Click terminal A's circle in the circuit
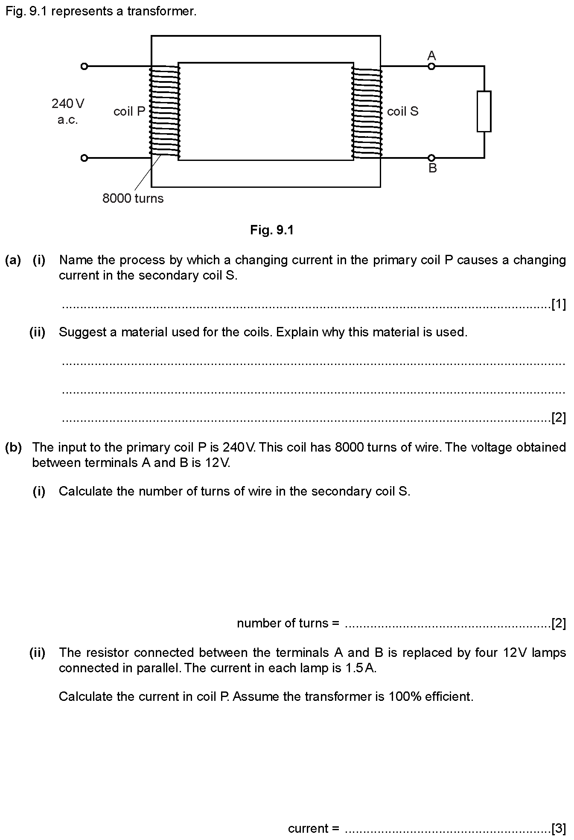[431, 66]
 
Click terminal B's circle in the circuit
[431, 158]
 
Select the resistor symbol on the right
[484, 111]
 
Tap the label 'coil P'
[129, 111]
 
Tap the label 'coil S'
[402, 111]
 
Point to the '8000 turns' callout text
[133, 198]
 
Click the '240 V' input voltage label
[68, 104]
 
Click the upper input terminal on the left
[84, 66]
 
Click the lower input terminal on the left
[84, 158]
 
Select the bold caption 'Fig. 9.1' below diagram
[272, 230]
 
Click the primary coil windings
[165, 111]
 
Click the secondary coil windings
[367, 111]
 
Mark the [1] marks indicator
[559, 304]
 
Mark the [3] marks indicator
[559, 828]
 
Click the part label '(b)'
[13, 447]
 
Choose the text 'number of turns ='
[288, 623]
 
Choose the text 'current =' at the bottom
[314, 828]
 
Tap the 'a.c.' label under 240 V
[68, 120]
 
